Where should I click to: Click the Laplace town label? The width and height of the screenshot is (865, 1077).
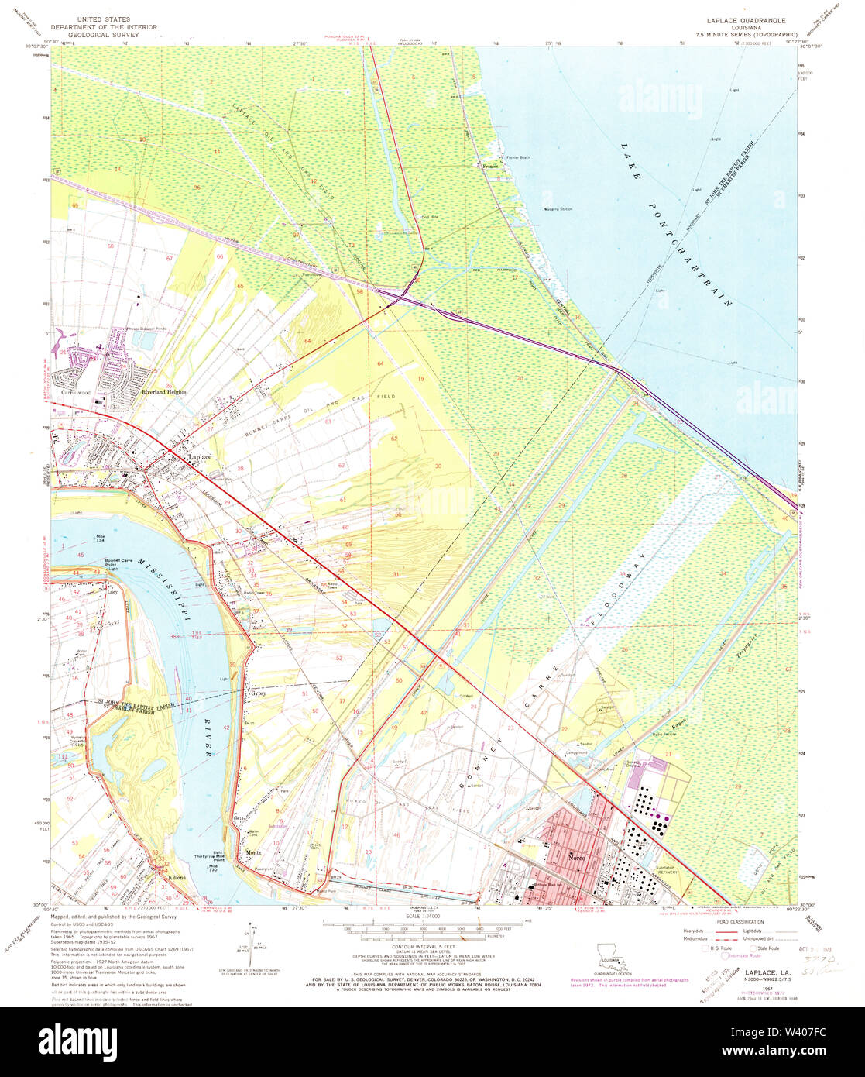200,458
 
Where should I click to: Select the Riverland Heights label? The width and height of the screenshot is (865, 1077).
164,392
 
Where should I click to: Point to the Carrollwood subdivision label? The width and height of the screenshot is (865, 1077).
67,393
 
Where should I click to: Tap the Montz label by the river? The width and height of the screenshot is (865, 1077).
253,852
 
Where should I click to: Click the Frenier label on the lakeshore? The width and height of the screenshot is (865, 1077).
489,166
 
